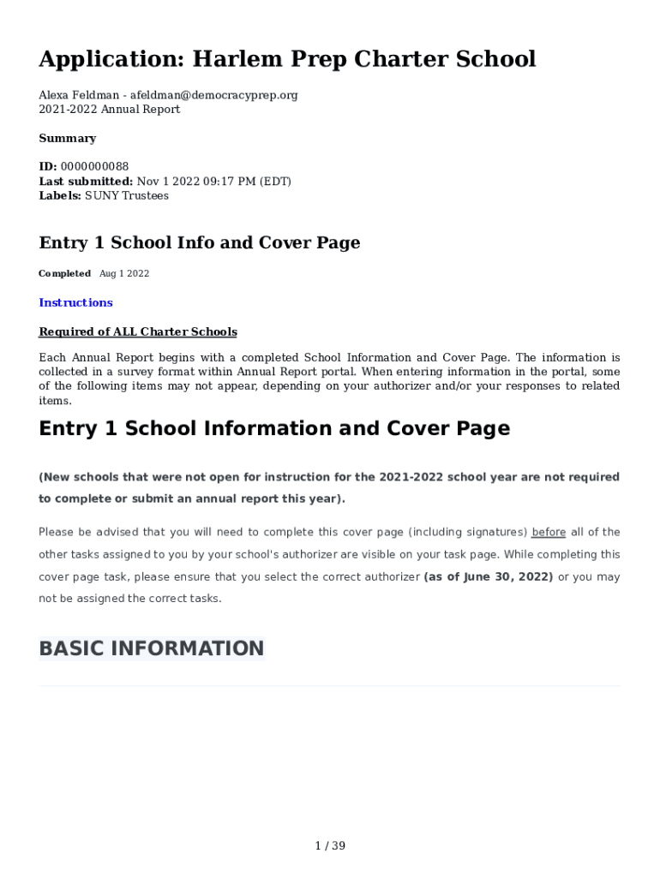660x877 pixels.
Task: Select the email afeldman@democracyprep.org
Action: tap(213, 95)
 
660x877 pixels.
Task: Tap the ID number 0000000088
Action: tap(94, 166)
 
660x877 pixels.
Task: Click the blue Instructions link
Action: tap(75, 302)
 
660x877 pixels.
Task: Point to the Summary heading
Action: tap(67, 138)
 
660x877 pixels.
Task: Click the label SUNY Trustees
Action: tap(127, 195)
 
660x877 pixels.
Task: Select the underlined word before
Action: tap(549, 532)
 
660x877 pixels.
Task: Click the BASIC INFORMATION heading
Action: tap(151, 648)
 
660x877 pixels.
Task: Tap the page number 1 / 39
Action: tap(330, 846)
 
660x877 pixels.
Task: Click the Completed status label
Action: tap(64, 273)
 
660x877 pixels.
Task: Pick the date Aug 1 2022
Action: tap(124, 273)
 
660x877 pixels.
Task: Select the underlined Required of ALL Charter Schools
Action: tap(138, 331)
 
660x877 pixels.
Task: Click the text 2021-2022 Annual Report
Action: tap(110, 109)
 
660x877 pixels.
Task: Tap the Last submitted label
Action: tap(86, 181)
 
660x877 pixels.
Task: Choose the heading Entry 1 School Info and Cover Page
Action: tap(199, 242)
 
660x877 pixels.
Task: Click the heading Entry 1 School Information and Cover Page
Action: tap(274, 428)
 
